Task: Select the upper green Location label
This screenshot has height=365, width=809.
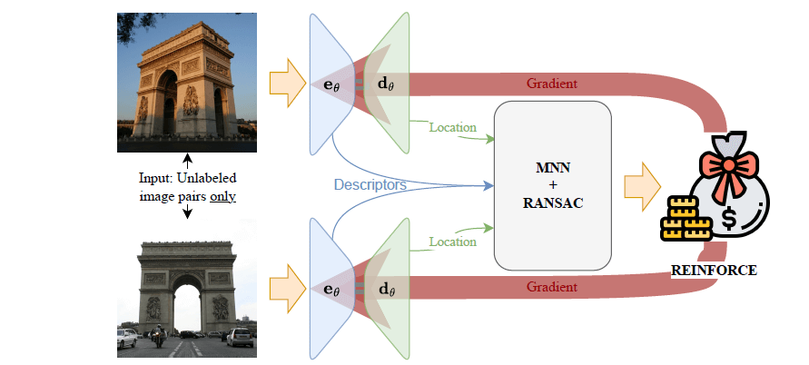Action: (452, 127)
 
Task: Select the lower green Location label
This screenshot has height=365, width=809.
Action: (452, 242)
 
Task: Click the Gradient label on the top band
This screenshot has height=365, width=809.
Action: (551, 84)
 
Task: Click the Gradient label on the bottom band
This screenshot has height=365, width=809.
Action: (551, 287)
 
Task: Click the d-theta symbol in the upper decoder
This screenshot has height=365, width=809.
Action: (387, 84)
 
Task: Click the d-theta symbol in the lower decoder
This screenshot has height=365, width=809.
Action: (387, 290)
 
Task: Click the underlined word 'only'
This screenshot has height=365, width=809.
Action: (223, 196)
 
